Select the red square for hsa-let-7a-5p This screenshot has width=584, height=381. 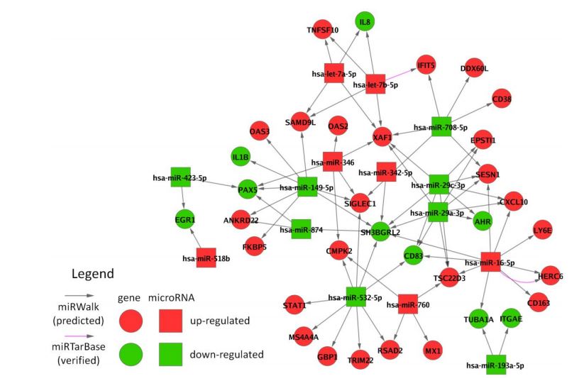pyautogui.click(x=334, y=72)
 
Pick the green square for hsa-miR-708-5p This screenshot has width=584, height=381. pyautogui.click(x=441, y=126)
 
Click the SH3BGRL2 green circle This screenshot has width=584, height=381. pyautogui.click(x=380, y=231)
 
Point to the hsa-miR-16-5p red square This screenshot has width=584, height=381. pyautogui.click(x=490, y=261)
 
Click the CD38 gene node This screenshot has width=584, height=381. pyautogui.click(x=501, y=99)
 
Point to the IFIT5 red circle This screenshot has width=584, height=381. pyautogui.click(x=426, y=65)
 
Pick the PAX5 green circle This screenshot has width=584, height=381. pyautogui.click(x=247, y=189)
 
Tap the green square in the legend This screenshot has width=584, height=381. pyautogui.click(x=170, y=353)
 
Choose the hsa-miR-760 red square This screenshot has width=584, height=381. pyautogui.click(x=408, y=304)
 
